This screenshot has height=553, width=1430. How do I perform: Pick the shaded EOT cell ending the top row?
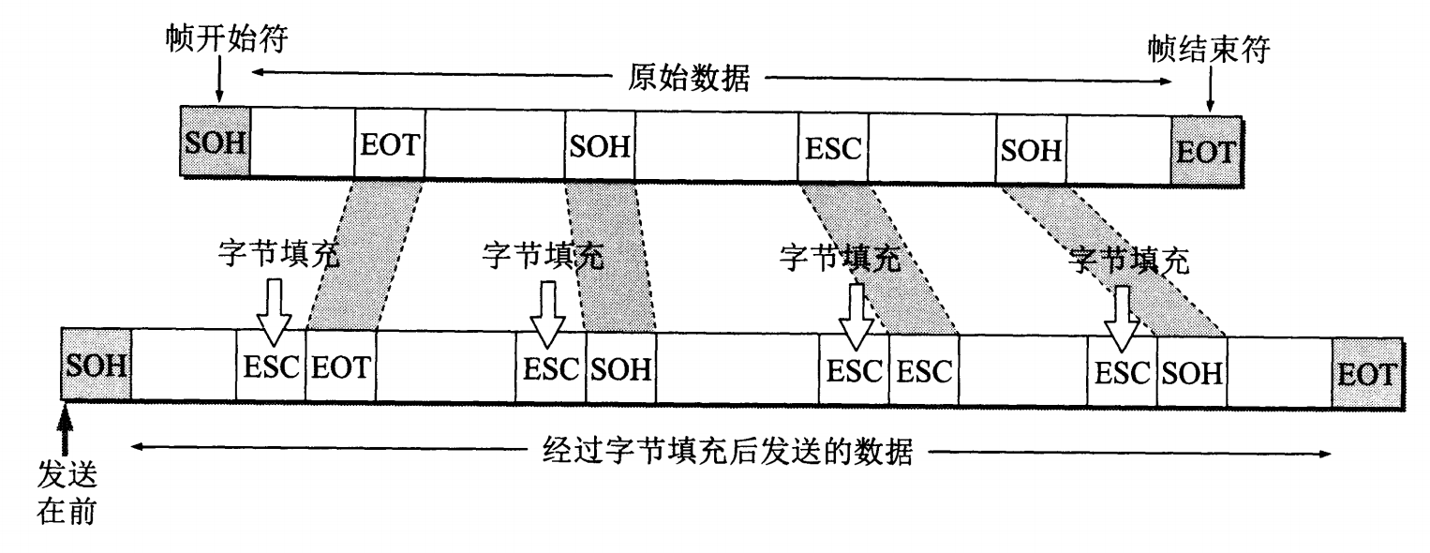(1205, 148)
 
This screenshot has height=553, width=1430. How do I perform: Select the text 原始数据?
(689, 80)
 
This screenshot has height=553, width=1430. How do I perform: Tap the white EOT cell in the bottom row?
(341, 366)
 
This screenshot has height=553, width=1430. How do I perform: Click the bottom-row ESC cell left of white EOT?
(271, 366)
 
